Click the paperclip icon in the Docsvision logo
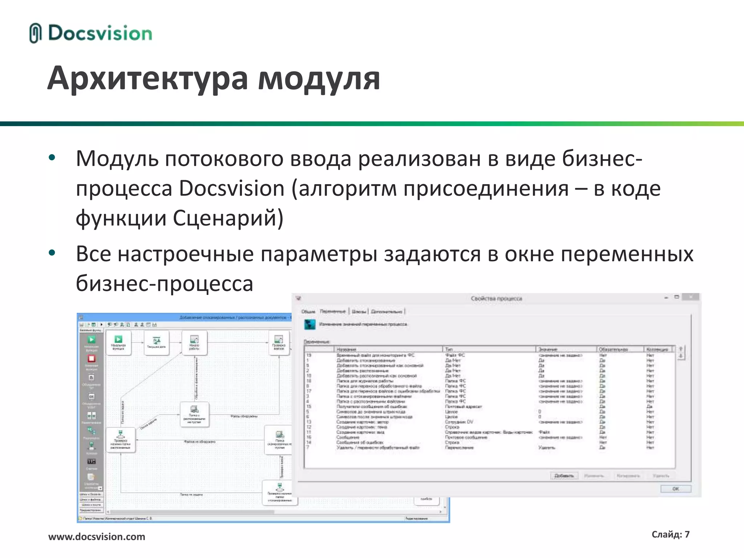pos(35,33)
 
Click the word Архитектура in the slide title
pos(147,78)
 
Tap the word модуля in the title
pos(319,78)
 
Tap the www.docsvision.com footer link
pos(97,537)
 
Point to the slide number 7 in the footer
pos(687,534)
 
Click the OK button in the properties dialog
pos(675,489)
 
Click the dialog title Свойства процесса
pos(496,299)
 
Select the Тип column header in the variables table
pos(449,349)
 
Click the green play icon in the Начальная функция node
pos(118,339)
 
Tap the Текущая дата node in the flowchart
pos(156,343)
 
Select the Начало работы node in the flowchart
pos(194,343)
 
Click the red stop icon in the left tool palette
pos(91,359)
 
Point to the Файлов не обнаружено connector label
pos(199,442)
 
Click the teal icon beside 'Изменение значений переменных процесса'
pos(310,324)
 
